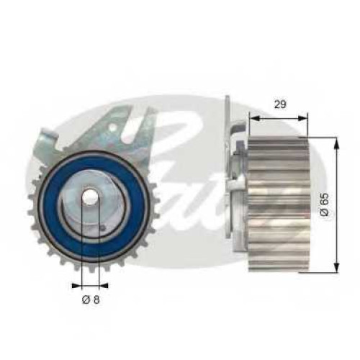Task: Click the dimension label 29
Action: click(x=280, y=104)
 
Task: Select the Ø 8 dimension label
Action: click(x=91, y=300)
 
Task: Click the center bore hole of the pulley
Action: click(x=90, y=197)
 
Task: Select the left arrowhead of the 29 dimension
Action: click(x=255, y=118)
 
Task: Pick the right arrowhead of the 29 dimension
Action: click(x=302, y=118)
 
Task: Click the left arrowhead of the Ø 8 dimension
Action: click(x=77, y=286)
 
